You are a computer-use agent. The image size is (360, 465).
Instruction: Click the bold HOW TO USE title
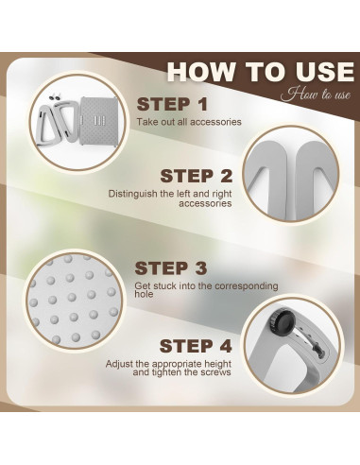[261, 72]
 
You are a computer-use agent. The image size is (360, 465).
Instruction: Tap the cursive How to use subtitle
[316, 95]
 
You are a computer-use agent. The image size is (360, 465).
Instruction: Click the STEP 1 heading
[172, 104]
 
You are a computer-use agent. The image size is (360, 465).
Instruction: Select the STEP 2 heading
[196, 176]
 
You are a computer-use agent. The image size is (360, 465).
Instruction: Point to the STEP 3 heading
[171, 268]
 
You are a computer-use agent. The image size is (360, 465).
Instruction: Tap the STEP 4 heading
[196, 346]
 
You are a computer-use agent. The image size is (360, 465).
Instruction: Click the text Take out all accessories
[189, 122]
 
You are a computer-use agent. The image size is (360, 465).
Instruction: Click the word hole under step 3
[144, 295]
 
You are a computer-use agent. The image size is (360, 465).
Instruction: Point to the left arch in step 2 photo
[269, 177]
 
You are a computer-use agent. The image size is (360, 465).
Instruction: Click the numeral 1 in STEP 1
[202, 104]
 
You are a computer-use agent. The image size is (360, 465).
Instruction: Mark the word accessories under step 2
[205, 203]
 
